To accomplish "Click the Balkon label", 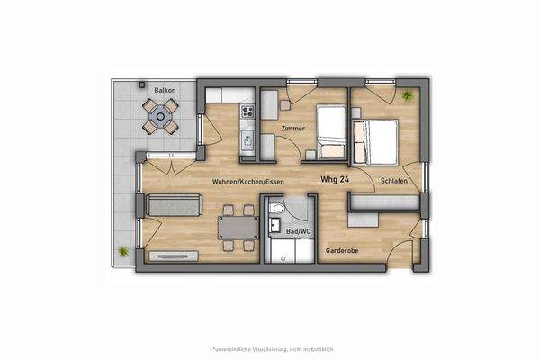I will (x=164, y=91).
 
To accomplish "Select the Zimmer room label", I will (x=292, y=129).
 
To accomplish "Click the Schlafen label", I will (x=394, y=181).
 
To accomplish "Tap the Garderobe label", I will (x=342, y=251).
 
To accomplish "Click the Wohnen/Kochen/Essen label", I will (x=249, y=181).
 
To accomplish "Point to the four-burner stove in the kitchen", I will (x=247, y=112).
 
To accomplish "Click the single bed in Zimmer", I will (x=330, y=133).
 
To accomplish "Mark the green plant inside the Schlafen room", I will (x=408, y=94).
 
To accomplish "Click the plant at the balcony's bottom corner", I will (x=122, y=249).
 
